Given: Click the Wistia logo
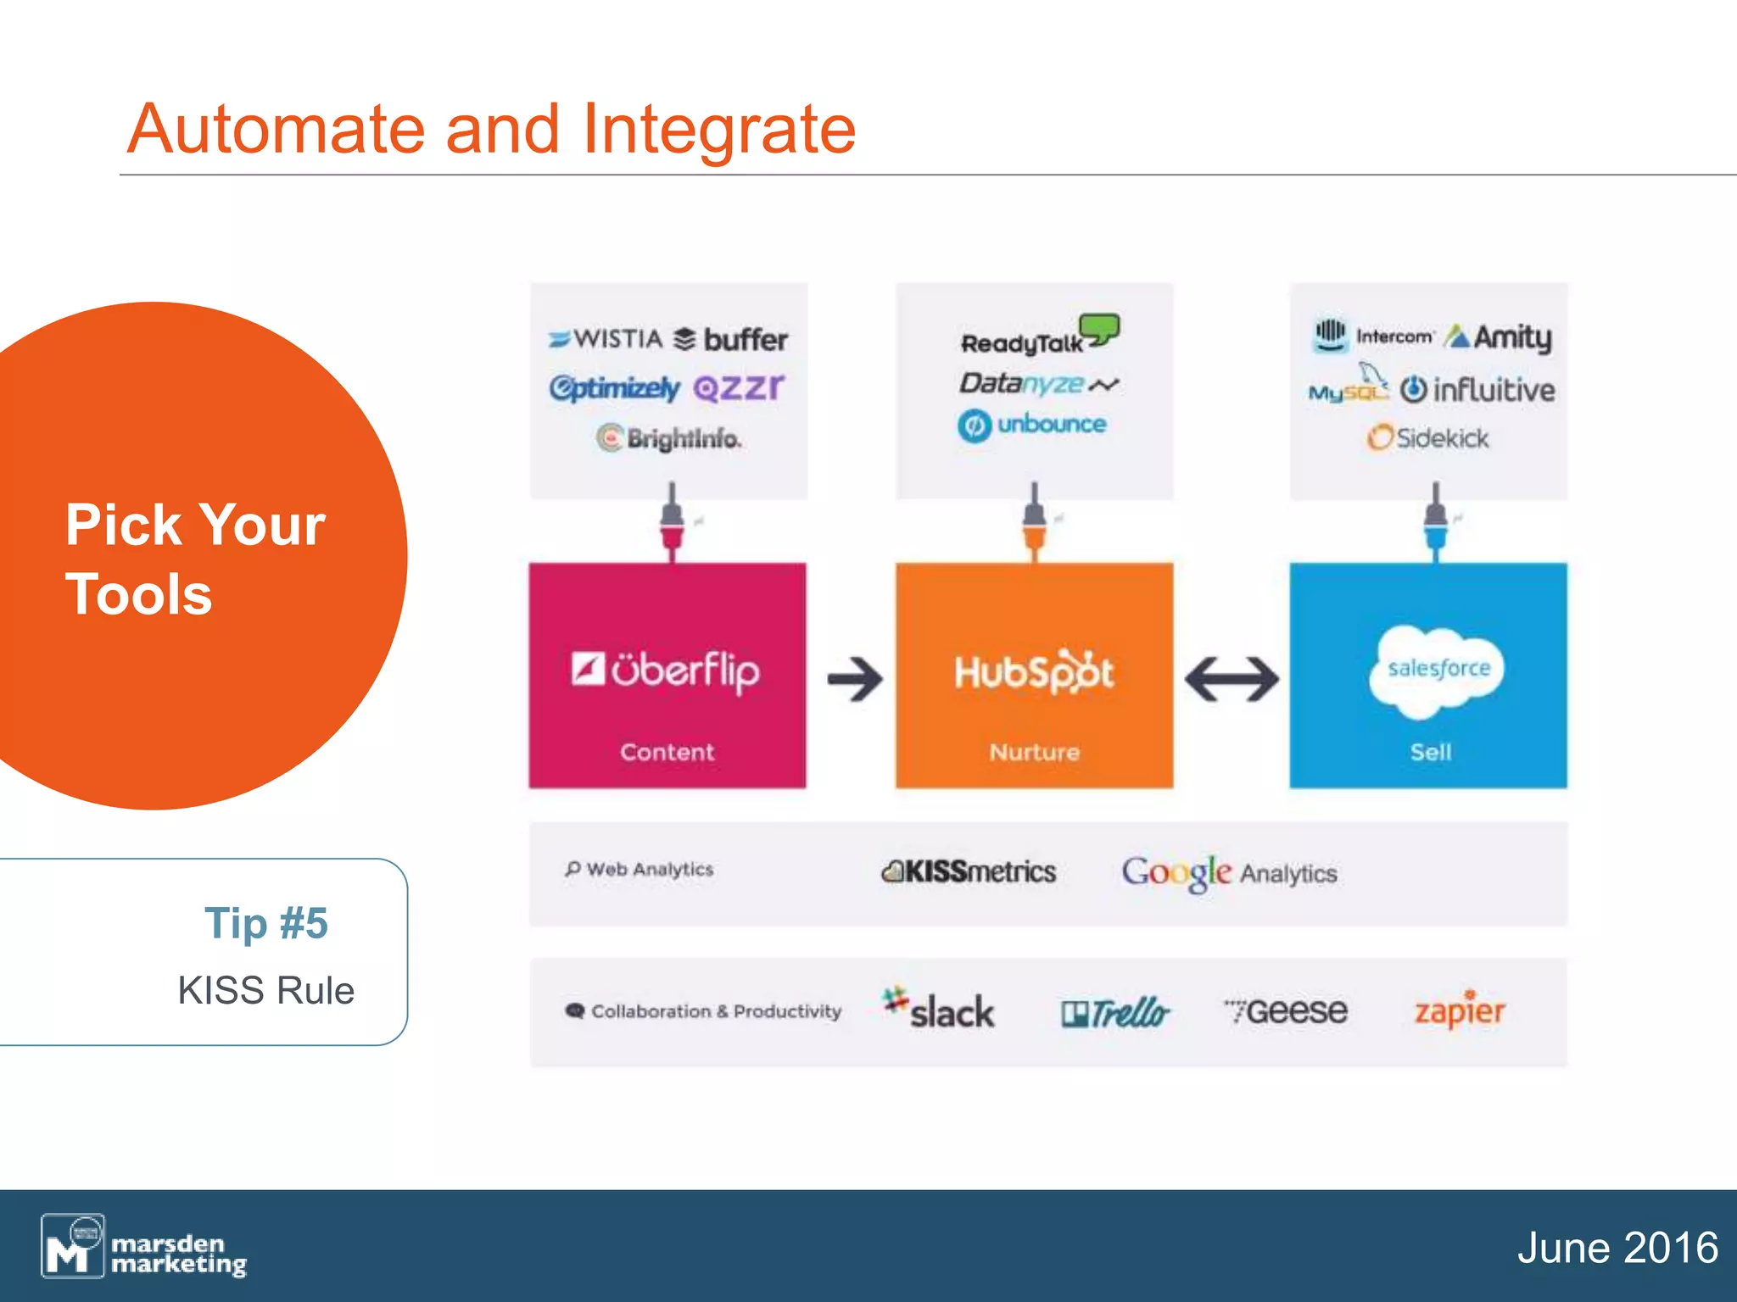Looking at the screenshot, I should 606,339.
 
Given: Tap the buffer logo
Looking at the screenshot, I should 731,340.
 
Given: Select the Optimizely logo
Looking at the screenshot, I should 614,388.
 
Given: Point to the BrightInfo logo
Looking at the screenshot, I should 668,438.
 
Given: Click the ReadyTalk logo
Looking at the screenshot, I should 1038,337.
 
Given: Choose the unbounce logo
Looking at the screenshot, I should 1032,425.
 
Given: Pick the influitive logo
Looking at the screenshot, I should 1477,390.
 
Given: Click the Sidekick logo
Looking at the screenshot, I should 1428,438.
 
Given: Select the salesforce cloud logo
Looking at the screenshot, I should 1438,670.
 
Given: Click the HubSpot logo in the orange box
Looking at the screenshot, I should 1034,672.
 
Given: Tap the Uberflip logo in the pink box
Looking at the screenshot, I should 666,670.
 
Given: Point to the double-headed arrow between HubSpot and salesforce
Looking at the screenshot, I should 1232,679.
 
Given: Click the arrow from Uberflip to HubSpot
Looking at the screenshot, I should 855,679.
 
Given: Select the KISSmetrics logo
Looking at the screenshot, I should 969,871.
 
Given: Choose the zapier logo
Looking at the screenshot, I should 1459,1010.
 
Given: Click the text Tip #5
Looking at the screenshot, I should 265,923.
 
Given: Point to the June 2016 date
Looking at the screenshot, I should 1617,1248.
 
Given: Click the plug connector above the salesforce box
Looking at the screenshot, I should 1435,521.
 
